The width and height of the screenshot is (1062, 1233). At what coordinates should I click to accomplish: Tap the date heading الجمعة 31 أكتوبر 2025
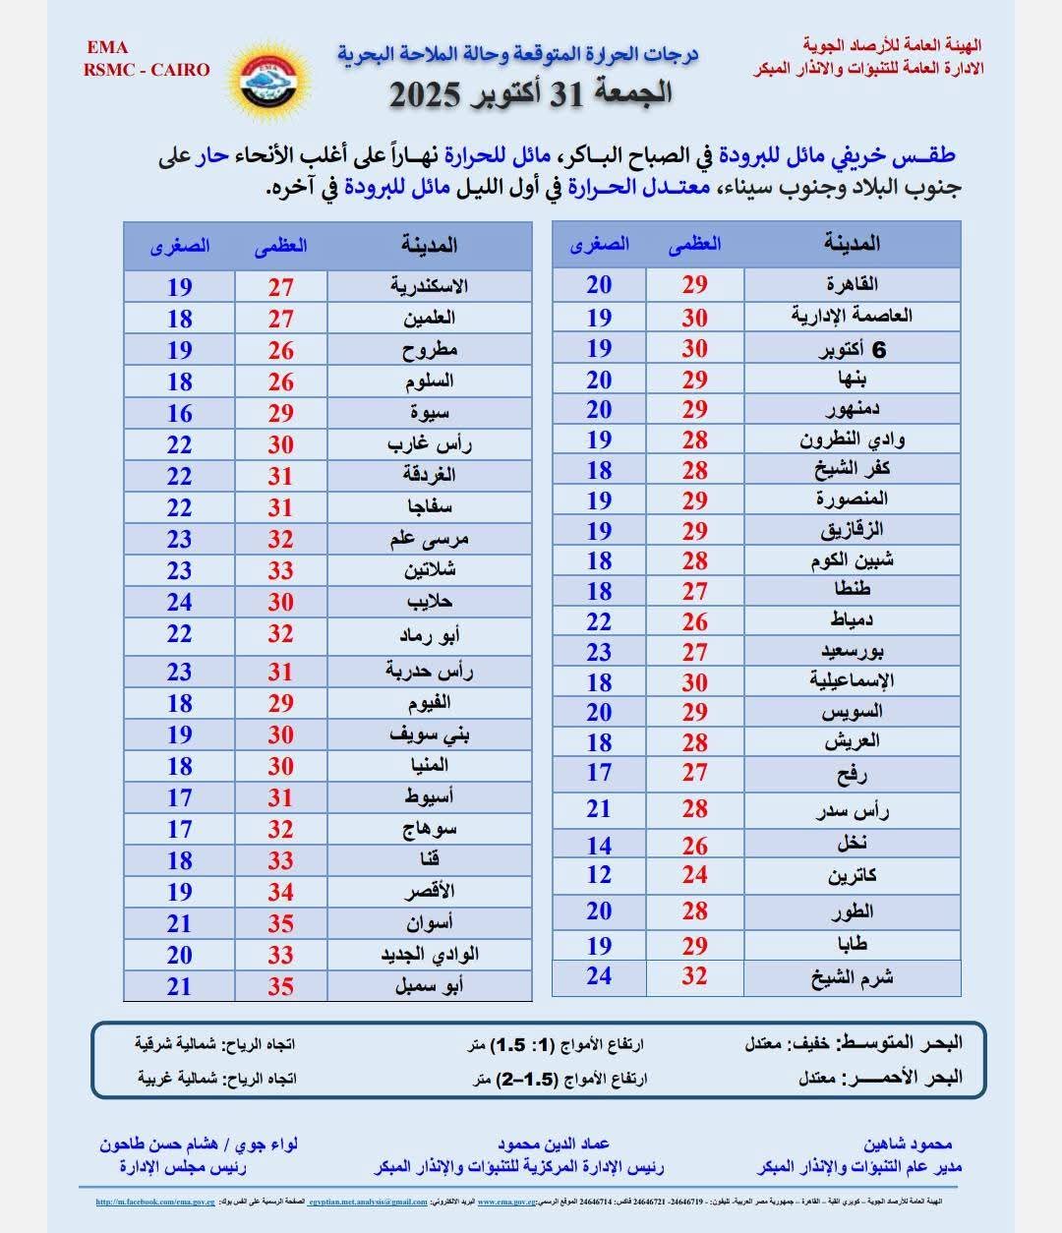coord(532,93)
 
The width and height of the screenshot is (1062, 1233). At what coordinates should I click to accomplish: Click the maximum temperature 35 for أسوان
coord(280,924)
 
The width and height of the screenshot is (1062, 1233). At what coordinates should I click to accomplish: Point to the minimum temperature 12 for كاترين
coord(599,875)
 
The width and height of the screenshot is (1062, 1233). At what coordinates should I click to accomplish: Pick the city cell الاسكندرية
coord(429,287)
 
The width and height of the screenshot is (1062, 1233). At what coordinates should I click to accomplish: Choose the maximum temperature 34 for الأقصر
coord(280,893)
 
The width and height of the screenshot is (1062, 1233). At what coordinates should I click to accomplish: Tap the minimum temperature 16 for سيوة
coord(179,414)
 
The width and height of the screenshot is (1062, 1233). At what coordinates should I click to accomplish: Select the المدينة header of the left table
coord(430,245)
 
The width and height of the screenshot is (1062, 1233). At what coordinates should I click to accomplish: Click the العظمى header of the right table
coord(694,244)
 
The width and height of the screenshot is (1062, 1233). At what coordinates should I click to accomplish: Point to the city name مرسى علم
coord(429,540)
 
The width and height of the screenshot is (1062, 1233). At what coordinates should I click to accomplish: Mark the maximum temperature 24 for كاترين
coord(694,875)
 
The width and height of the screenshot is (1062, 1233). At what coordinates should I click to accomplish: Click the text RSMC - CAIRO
coord(147,70)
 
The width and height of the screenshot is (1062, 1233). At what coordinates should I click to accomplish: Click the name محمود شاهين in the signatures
coord(908,1145)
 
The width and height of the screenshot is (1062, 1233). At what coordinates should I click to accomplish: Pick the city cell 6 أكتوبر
coord(852,350)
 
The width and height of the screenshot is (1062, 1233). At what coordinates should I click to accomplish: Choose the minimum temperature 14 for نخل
coord(599,846)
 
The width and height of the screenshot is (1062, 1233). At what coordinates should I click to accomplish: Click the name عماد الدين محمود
coord(554,1145)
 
